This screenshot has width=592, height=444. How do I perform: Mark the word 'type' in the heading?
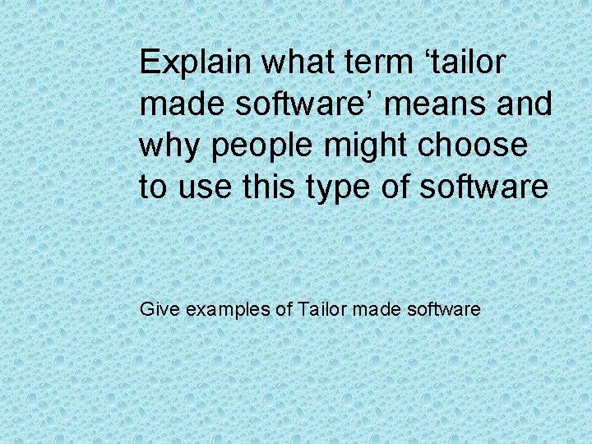click(335, 188)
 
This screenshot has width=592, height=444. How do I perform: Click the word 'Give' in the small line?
click(156, 310)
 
